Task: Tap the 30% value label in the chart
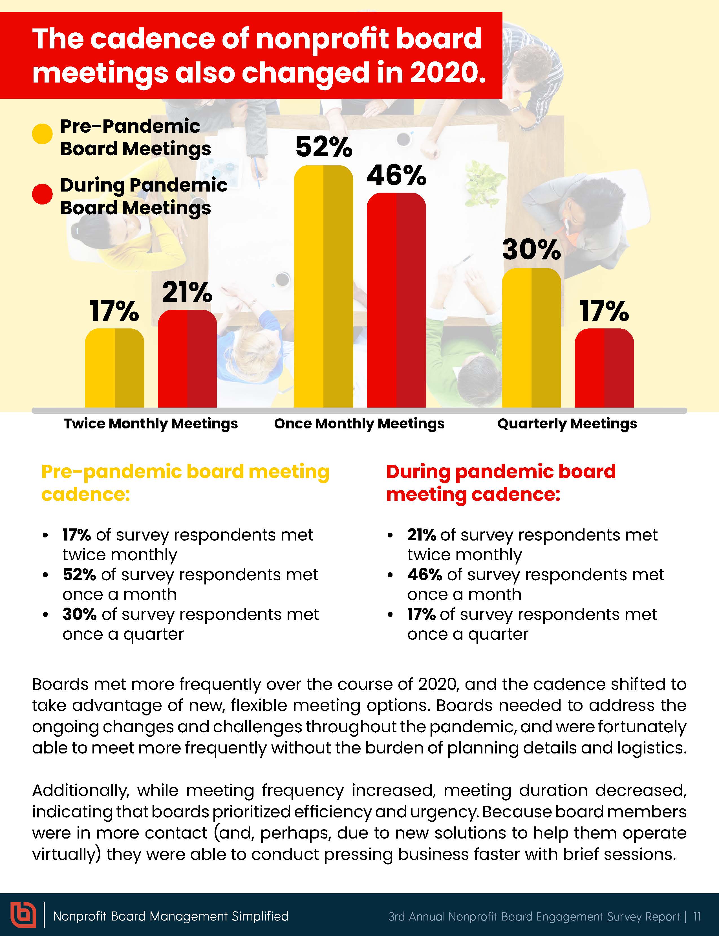(531, 250)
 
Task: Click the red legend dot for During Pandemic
(42, 194)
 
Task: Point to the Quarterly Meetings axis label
(567, 424)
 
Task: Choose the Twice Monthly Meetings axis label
(151, 424)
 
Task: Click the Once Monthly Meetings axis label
(359, 424)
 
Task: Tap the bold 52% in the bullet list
(79, 574)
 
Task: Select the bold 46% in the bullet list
(424, 574)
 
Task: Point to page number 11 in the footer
(697, 916)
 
